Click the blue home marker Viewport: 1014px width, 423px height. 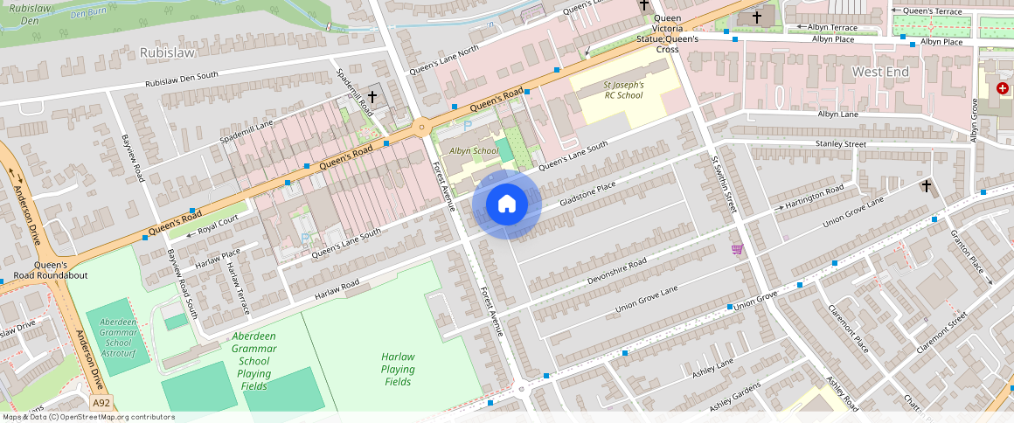tap(507, 205)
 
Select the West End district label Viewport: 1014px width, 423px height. tap(880, 72)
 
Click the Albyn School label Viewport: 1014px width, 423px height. tap(474, 151)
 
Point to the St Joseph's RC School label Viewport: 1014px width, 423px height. tap(623, 90)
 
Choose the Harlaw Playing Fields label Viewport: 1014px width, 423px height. tap(398, 369)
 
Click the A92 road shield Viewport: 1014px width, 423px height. tap(101, 403)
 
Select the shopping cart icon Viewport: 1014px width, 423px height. tap(737, 249)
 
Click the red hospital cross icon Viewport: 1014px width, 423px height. tap(1002, 88)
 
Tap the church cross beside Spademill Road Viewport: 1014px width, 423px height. tap(372, 96)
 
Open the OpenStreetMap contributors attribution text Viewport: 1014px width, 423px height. tap(88, 417)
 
